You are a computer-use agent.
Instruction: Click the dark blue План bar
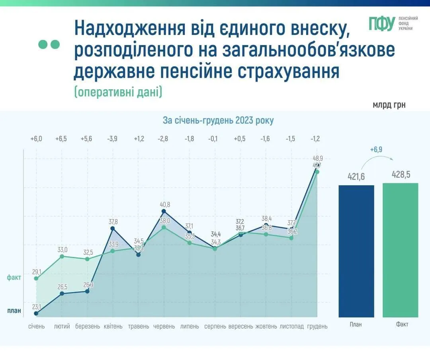tap(356, 251)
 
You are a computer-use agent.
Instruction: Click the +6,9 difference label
tap(376, 150)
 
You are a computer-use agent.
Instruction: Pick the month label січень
tap(36, 326)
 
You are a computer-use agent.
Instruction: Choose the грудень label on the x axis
tap(317, 326)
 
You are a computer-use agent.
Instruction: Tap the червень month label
tap(164, 326)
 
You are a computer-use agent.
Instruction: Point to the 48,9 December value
tap(318, 158)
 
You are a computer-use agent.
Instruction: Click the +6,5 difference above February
tap(61, 139)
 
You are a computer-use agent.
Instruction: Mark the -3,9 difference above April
tap(112, 139)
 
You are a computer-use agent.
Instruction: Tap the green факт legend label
tap(14, 278)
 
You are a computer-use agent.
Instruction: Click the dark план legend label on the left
tap(14, 311)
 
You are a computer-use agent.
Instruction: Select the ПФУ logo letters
tap(381, 24)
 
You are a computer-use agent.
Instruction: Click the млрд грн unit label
tap(389, 105)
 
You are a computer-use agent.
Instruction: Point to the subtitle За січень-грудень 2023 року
tap(218, 120)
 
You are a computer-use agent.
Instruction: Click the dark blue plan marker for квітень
tap(113, 229)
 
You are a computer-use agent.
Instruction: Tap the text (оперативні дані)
tap(118, 92)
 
